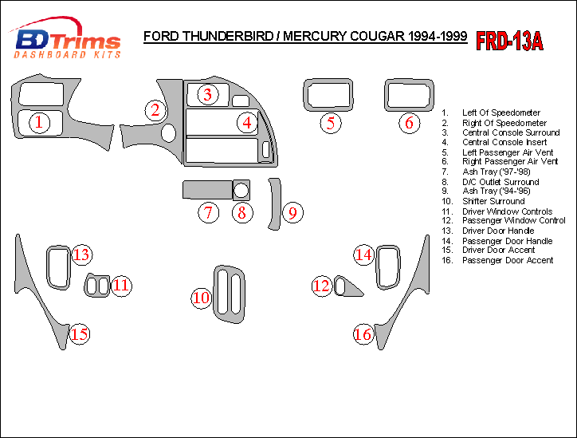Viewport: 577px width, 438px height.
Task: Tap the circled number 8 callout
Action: (x=241, y=213)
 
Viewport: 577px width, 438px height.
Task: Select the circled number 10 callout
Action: (x=201, y=298)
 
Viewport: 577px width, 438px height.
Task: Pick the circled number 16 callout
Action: (x=363, y=334)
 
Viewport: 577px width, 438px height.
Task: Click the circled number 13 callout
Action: (x=82, y=255)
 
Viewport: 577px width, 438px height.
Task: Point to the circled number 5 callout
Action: (x=332, y=123)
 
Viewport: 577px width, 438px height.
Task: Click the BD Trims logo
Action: (x=67, y=40)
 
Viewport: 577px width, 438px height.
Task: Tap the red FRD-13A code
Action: (x=510, y=41)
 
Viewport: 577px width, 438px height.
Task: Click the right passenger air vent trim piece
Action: (x=409, y=95)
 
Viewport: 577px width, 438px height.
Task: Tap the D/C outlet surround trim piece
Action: (x=241, y=190)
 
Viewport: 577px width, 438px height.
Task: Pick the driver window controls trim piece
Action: (x=98, y=285)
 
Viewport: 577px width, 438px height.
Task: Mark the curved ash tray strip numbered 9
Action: (x=276, y=204)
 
